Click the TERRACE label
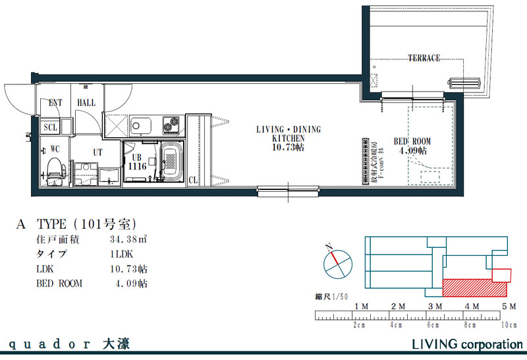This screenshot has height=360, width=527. point(424,58)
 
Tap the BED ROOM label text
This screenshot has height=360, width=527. point(412,142)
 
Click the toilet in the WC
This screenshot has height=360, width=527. point(55,167)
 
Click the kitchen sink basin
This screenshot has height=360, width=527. point(141,124)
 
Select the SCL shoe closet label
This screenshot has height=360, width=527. point(51,127)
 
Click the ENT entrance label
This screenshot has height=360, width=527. point(56,103)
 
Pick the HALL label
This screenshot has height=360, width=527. point(86,103)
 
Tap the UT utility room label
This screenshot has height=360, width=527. point(97,152)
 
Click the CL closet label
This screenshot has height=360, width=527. point(194,179)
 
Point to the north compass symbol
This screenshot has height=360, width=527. point(337,263)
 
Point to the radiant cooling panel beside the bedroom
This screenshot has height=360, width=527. point(363,162)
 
